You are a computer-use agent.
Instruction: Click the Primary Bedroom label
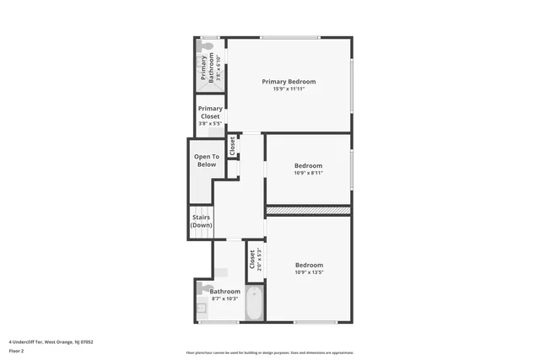click(289, 82)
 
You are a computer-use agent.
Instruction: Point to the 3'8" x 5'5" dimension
click(210, 123)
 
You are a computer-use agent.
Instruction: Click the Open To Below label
click(207, 160)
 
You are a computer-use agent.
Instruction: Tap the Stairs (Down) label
click(201, 221)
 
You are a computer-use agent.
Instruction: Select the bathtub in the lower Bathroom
click(254, 305)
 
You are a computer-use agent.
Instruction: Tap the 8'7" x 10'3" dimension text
click(225, 298)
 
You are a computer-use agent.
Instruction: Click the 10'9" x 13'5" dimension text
click(309, 272)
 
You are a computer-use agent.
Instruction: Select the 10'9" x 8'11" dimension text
click(309, 173)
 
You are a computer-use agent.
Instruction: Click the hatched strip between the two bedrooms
click(308, 210)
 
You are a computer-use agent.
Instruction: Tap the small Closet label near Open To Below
click(232, 146)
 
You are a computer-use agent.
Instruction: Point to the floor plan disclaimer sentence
click(270, 352)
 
